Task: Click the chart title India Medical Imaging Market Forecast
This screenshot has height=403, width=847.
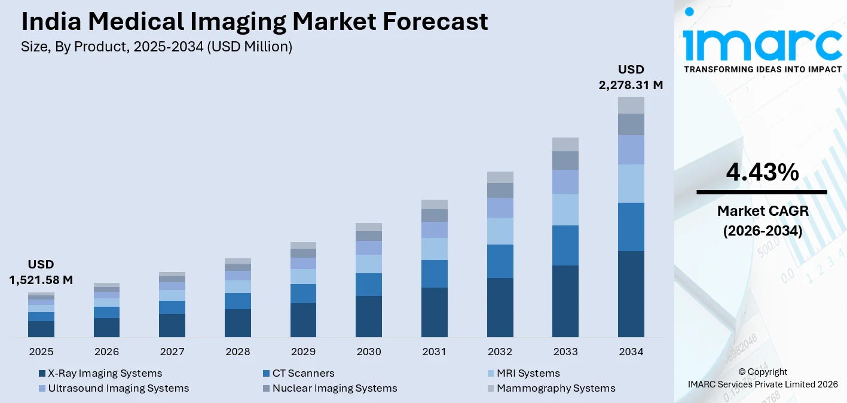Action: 255,22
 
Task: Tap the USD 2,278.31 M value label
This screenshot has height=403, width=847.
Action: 631,78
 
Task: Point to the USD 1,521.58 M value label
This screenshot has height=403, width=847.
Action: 41,272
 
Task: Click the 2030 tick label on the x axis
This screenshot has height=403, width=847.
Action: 369,352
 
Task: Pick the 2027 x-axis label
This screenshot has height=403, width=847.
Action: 172,352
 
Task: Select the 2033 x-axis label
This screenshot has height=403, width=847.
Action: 565,352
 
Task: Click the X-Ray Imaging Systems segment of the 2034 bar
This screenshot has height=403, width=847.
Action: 631,294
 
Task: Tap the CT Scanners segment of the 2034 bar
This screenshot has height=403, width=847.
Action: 631,227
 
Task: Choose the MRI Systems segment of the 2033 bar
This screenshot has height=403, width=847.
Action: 565,209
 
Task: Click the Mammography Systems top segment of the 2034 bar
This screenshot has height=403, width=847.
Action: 631,105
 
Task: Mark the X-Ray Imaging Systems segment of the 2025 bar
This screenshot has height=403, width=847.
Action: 41,329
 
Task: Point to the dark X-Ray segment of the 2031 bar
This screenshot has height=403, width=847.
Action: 434,312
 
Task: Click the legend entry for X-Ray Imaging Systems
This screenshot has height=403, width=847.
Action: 100,373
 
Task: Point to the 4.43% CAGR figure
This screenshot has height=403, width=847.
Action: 762,173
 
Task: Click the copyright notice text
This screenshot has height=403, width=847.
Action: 762,378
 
